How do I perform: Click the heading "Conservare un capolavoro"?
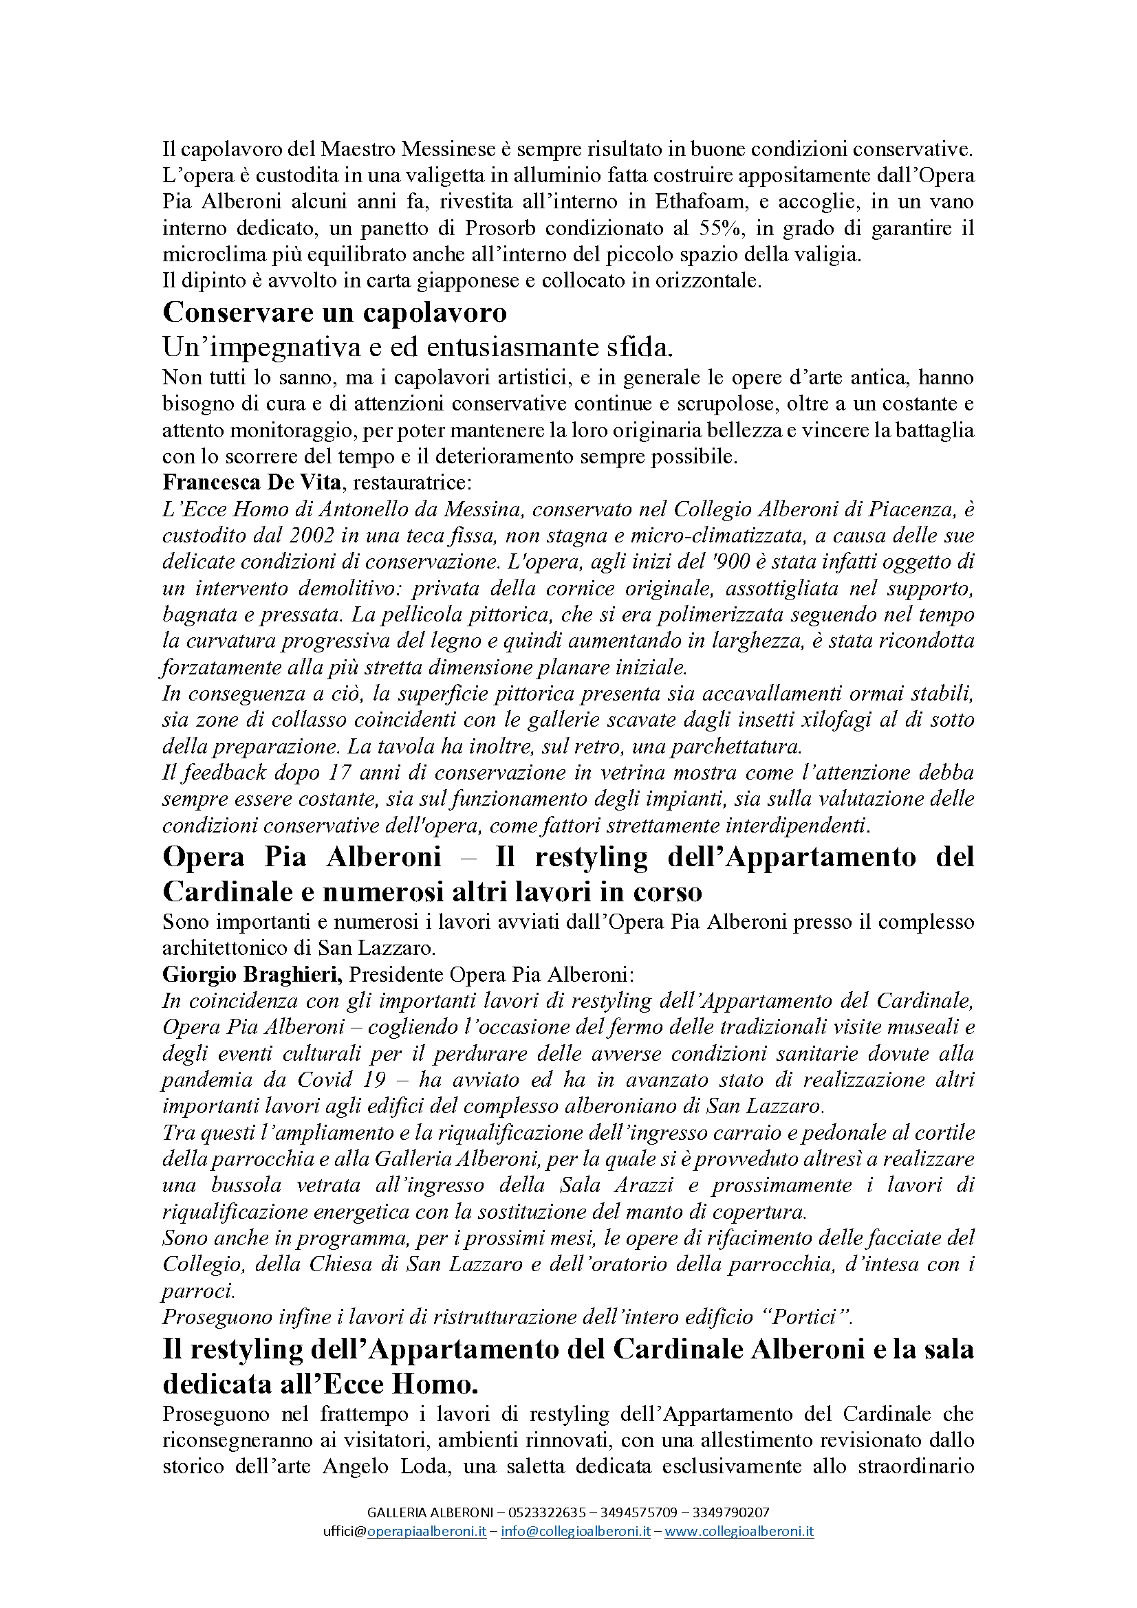click(334, 312)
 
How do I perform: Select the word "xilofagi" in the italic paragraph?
click(834, 720)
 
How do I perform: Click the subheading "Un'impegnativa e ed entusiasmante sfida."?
click(418, 346)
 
